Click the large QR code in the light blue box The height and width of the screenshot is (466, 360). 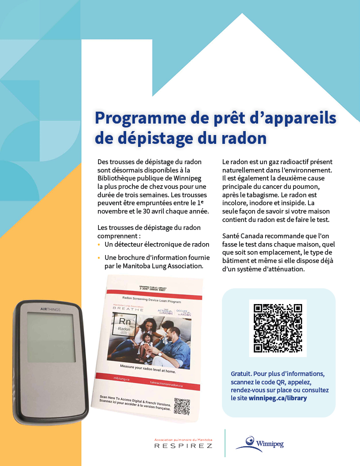(x=278, y=328)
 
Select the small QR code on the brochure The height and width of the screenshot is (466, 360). (x=182, y=406)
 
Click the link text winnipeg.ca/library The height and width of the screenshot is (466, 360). (x=277, y=398)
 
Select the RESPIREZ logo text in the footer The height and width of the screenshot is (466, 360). (x=183, y=446)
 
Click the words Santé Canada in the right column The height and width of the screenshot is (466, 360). (x=244, y=236)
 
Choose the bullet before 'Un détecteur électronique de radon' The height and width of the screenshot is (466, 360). (x=99, y=244)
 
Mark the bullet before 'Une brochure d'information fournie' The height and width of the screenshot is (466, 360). (x=99, y=258)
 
